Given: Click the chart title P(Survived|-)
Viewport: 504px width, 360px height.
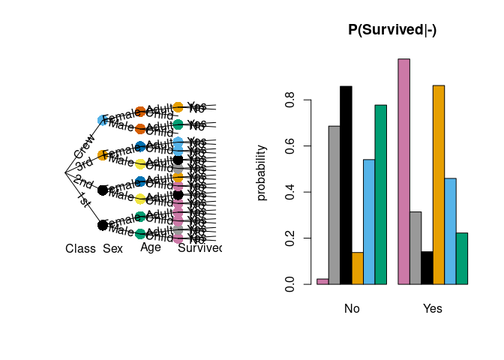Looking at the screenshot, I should point(391,30).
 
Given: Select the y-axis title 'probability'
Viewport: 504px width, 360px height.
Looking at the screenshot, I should point(261,172).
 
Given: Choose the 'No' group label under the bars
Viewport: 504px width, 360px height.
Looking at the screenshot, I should point(352,308).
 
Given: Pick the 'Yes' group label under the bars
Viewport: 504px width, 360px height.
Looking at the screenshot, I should point(433,308).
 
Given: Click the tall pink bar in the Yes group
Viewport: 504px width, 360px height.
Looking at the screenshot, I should point(403,171).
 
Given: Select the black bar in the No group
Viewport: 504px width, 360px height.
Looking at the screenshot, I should point(346,185).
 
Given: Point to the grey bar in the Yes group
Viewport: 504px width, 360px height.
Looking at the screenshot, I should point(415,247).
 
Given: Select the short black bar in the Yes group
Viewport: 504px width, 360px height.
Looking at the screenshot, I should point(427,268).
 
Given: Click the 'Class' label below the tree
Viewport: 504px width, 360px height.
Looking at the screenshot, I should point(80,248).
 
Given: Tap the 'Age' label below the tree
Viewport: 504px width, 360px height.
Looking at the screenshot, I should point(150,247).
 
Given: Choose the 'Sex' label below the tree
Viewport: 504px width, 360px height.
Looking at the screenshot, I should point(112,248).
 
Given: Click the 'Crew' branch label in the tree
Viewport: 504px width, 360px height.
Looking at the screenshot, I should point(84,146).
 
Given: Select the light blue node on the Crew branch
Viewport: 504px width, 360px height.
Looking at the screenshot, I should point(103,120).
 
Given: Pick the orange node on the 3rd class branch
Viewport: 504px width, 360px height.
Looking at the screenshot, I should point(103,155).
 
